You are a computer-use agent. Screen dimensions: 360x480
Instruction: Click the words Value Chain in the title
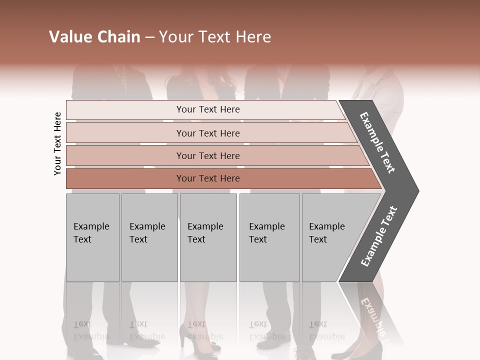tap(94, 37)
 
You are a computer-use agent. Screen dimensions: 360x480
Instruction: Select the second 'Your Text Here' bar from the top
tap(208, 133)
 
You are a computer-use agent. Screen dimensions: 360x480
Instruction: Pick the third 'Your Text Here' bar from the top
tap(208, 155)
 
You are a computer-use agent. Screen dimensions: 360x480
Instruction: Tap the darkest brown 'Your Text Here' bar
tap(208, 178)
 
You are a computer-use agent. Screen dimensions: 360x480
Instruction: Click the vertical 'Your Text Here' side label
tap(57, 143)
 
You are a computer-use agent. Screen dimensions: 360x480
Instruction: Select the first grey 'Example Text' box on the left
tap(92, 237)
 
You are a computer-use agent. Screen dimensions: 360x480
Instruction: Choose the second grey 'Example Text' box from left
tap(149, 237)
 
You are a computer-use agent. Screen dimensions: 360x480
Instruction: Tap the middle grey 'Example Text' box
tap(208, 237)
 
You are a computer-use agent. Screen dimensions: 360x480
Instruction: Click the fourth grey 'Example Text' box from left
tap(269, 237)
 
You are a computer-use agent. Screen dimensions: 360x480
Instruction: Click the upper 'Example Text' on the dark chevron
tap(378, 142)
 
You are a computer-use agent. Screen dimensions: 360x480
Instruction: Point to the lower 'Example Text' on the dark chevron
tap(379, 236)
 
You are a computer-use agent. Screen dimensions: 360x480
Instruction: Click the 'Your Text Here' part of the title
tap(215, 37)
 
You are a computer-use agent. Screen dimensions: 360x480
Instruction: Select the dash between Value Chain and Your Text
tap(149, 37)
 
